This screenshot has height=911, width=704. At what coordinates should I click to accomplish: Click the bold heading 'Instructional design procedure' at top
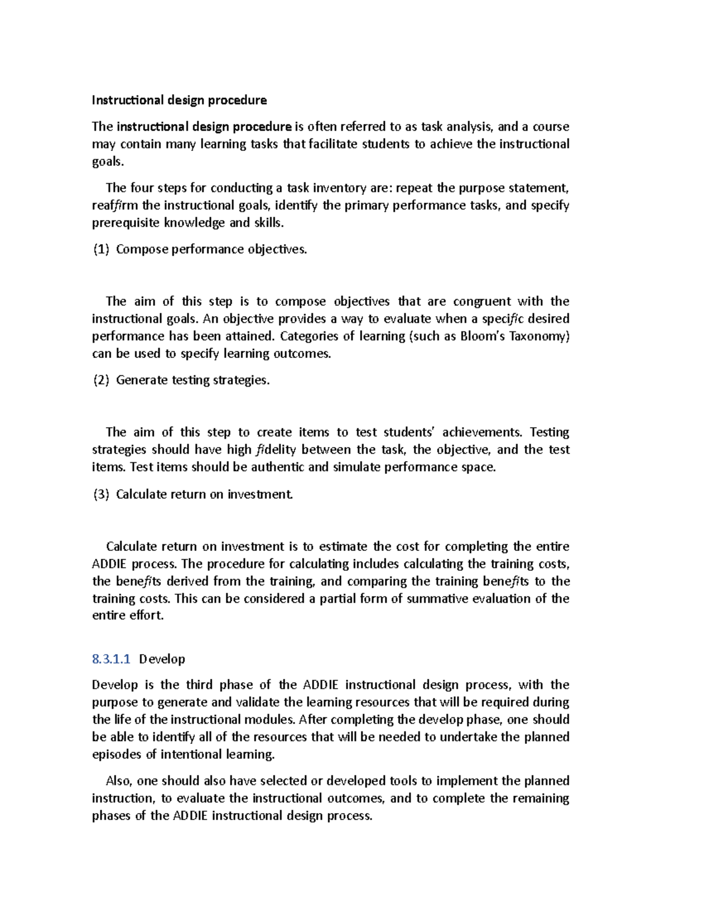pos(179,100)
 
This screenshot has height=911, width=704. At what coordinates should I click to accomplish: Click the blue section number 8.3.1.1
pos(111,659)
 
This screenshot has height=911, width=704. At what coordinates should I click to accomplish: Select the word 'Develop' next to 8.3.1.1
pos(162,659)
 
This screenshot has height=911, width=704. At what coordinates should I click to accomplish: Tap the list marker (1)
pos(101,249)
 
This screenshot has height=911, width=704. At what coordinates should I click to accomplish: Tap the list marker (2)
pos(101,380)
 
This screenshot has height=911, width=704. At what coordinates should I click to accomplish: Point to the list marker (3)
pos(101,494)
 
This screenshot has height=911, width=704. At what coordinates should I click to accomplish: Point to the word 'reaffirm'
pos(115,205)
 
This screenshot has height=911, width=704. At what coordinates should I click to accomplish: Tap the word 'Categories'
pos(309,336)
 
